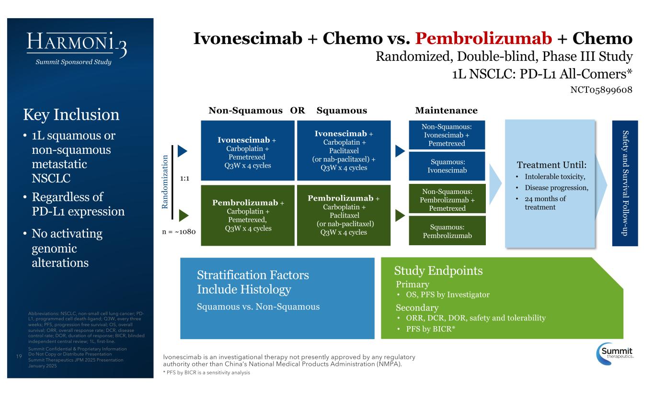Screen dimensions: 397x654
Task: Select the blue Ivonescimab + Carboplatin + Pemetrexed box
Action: click(x=247, y=150)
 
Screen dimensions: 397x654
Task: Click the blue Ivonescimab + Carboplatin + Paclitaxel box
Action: click(x=344, y=150)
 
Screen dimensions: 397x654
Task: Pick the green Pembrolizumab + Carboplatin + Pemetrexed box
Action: click(x=247, y=215)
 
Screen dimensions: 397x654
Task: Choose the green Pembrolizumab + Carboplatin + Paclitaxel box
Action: click(x=344, y=215)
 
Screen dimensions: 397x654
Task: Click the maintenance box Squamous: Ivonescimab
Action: click(x=447, y=166)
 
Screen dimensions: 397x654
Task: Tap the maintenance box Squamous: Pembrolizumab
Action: click(x=447, y=230)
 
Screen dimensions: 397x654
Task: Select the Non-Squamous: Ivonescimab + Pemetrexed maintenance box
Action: click(x=447, y=135)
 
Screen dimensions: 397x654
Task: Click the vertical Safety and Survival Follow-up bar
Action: click(x=625, y=183)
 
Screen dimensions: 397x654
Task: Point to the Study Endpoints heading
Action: click(x=438, y=271)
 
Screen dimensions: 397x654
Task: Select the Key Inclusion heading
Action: click(x=71, y=114)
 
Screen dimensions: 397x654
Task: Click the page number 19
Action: click(x=19, y=356)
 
